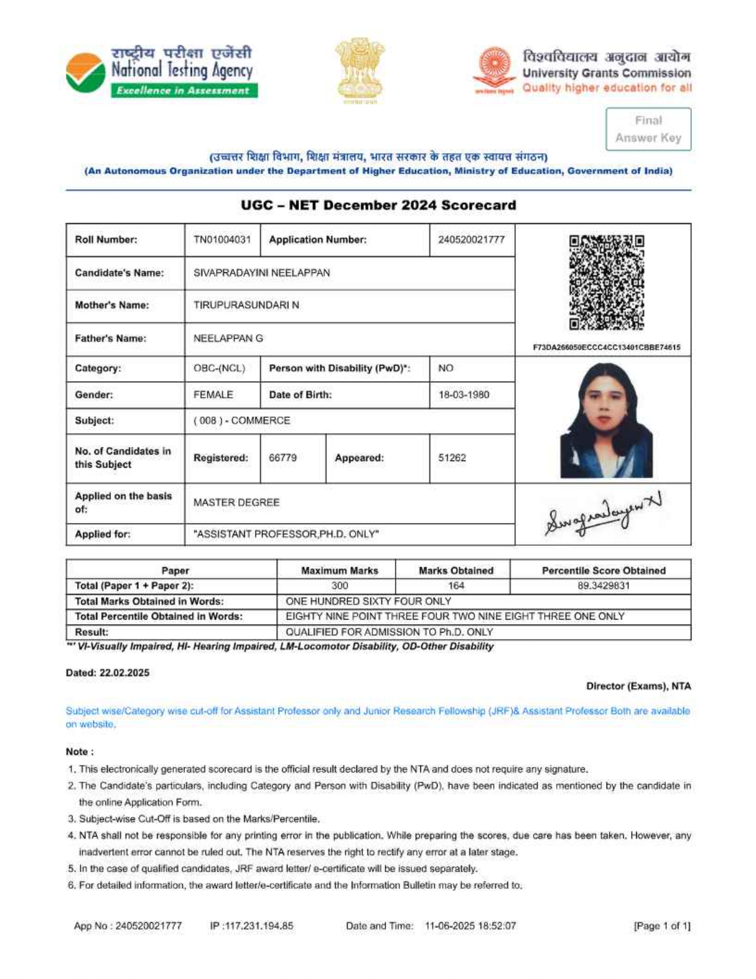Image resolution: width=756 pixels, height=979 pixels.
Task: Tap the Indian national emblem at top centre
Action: [x=359, y=69]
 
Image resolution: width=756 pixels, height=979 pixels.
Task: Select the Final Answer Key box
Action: [x=648, y=129]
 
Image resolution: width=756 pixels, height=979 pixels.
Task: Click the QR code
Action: [x=606, y=282]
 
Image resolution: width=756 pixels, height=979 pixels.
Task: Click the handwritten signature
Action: [x=602, y=514]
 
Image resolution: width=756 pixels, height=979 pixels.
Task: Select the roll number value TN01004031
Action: [x=222, y=240]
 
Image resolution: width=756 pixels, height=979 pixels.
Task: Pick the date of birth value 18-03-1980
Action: [x=464, y=395]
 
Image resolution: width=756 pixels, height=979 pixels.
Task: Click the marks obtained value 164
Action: [x=455, y=586]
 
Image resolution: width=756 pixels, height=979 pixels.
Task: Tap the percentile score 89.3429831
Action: [x=603, y=586]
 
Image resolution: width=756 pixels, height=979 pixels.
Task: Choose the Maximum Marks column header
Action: [x=339, y=570]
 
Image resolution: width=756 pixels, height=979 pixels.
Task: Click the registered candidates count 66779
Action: [x=282, y=457]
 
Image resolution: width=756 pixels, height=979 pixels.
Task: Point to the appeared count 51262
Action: [x=452, y=457]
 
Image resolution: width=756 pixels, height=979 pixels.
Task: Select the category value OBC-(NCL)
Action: [x=219, y=368]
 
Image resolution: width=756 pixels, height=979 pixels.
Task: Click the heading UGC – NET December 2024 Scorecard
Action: [x=378, y=205]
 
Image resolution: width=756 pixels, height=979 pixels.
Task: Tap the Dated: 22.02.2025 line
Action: [x=107, y=672]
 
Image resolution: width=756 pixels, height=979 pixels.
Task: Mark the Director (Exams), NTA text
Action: [x=638, y=686]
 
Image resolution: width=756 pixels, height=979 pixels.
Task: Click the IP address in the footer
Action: [x=251, y=926]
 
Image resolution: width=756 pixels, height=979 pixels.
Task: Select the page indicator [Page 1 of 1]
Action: [x=662, y=926]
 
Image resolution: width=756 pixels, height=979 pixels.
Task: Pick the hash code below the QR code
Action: [x=606, y=347]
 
